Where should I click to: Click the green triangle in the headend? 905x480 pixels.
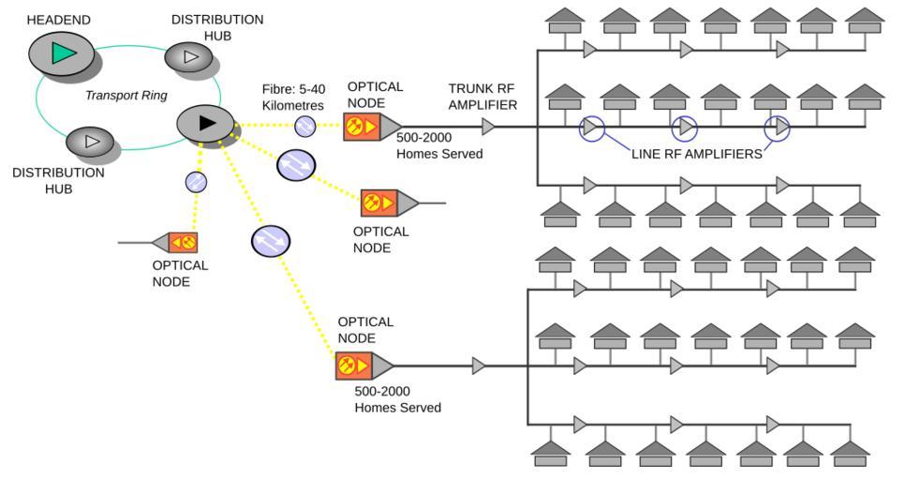tap(63, 53)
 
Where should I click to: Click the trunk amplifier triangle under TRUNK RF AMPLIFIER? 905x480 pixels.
tap(488, 126)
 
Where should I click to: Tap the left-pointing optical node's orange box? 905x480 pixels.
tap(183, 243)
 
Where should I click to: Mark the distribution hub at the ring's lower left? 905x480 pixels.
tap(91, 142)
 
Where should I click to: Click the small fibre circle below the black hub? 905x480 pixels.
tap(197, 182)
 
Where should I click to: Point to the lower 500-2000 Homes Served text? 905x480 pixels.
tap(398, 400)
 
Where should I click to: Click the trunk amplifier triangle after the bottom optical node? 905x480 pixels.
tap(479, 365)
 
